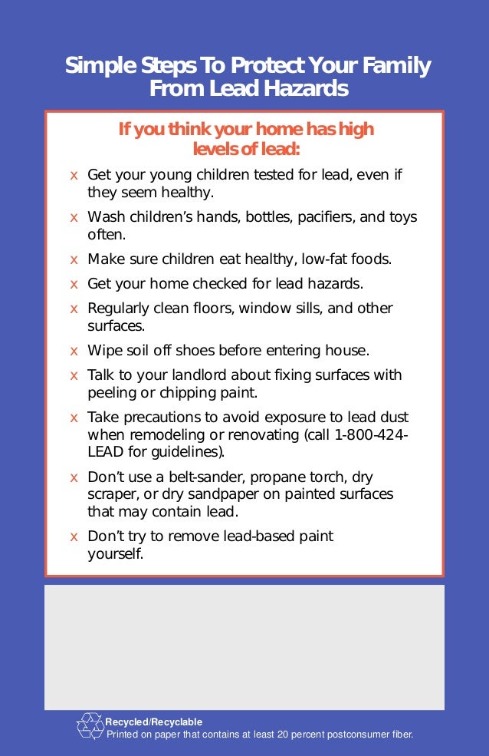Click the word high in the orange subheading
point(356,128)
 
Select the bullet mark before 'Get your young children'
point(74,175)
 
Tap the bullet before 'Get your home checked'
point(74,284)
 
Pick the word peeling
point(108,393)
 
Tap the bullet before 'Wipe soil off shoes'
point(74,352)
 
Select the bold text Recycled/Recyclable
point(153,722)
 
